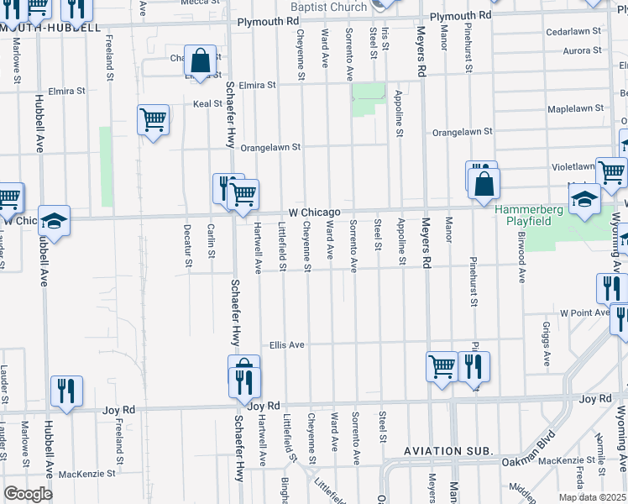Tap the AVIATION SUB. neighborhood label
[447, 451]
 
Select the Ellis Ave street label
[286, 344]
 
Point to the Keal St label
[207, 104]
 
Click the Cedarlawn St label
[574, 30]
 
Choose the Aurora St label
[583, 50]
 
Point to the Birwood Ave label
[521, 261]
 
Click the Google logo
[28, 493]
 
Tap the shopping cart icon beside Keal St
[154, 119]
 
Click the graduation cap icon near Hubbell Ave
[54, 220]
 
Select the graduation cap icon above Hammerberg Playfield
[585, 199]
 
